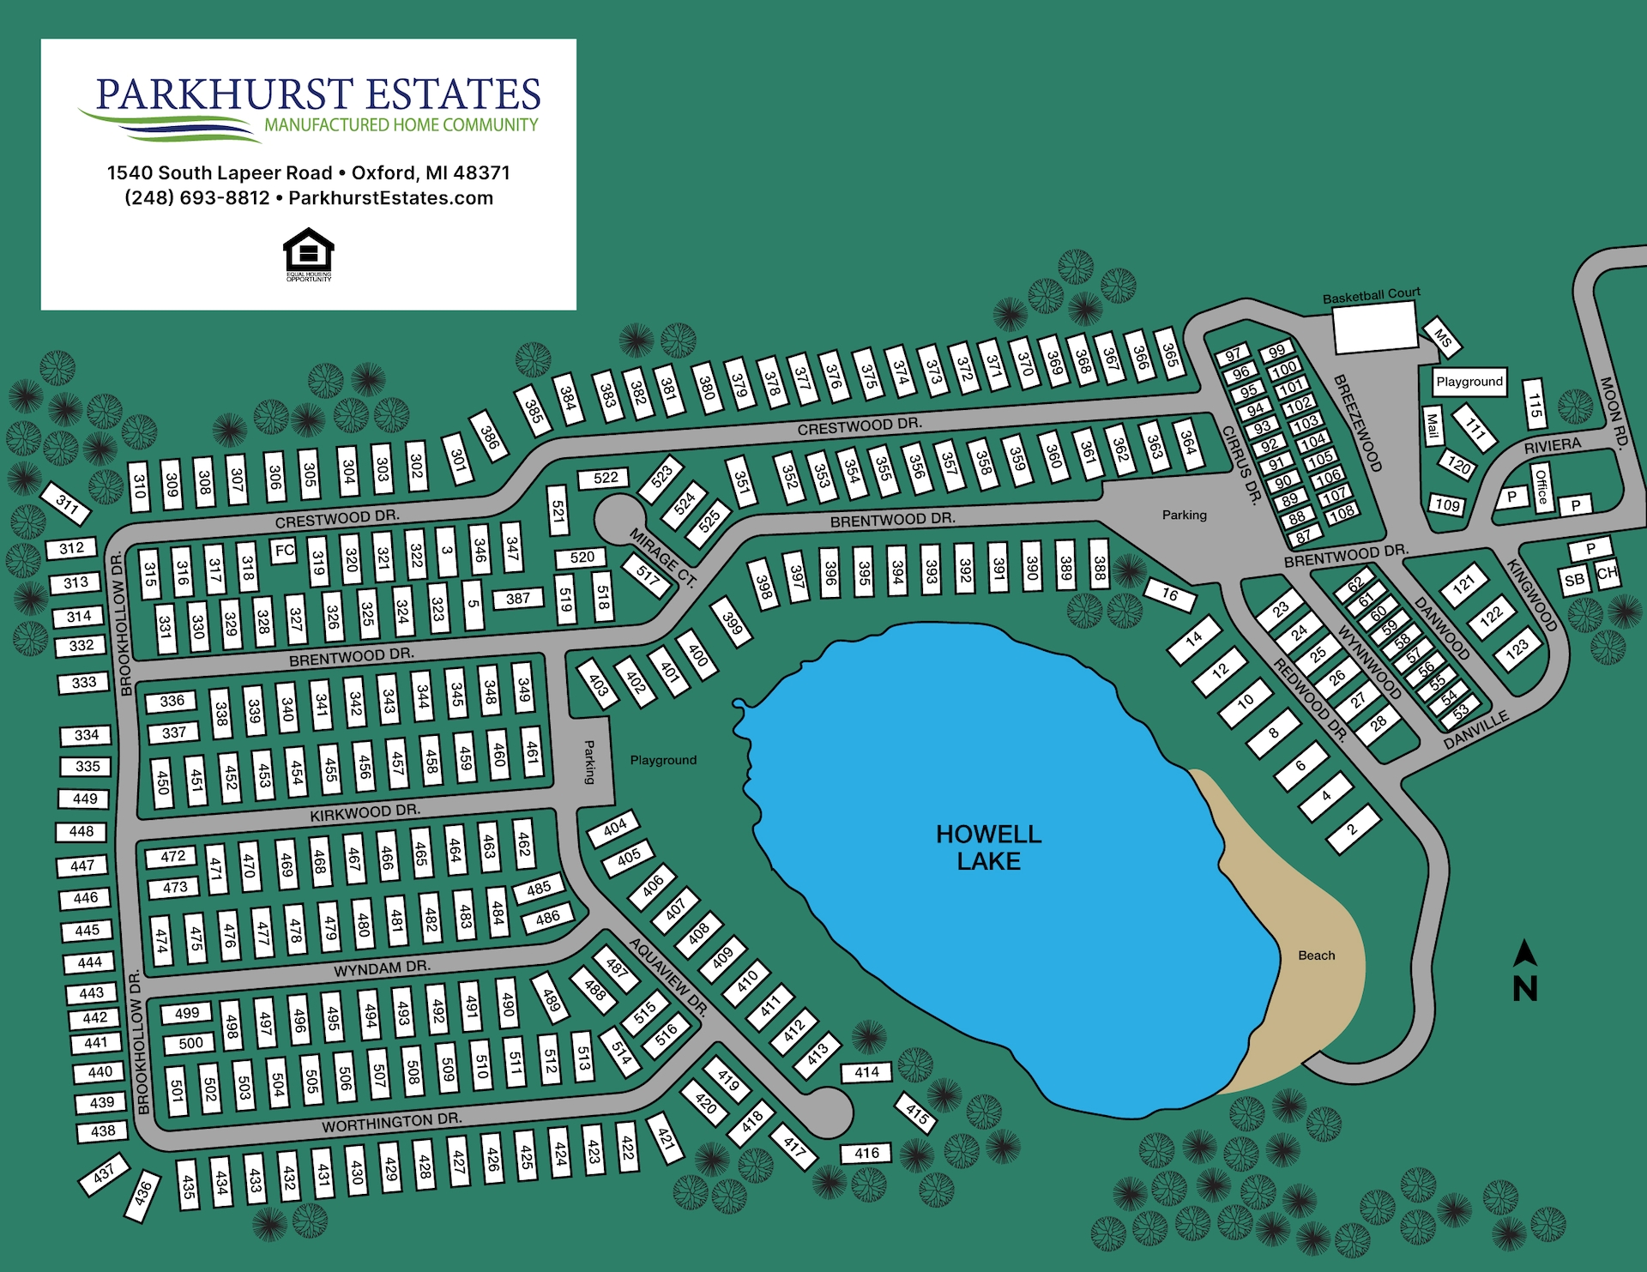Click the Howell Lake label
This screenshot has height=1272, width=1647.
(x=988, y=847)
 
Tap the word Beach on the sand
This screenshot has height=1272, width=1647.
(x=1316, y=956)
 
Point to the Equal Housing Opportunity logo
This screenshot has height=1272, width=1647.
(x=308, y=255)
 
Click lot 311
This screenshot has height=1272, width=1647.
(x=67, y=503)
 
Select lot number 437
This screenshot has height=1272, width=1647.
(x=104, y=1173)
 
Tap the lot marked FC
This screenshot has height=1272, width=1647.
(x=284, y=551)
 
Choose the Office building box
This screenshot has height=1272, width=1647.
(x=1541, y=487)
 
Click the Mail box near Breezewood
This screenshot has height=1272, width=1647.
(x=1433, y=426)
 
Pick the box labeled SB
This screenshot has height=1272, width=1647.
(x=1574, y=581)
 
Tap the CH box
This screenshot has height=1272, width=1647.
(x=1607, y=573)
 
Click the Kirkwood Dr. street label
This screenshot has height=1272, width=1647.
(x=365, y=812)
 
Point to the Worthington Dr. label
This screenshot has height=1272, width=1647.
(x=391, y=1122)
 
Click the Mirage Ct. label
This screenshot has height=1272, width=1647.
(x=661, y=558)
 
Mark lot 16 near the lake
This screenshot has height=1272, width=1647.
(x=1170, y=594)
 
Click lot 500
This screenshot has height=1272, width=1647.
(x=191, y=1043)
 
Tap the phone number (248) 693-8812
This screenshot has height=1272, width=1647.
(x=197, y=198)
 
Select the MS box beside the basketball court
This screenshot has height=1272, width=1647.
(x=1443, y=338)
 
